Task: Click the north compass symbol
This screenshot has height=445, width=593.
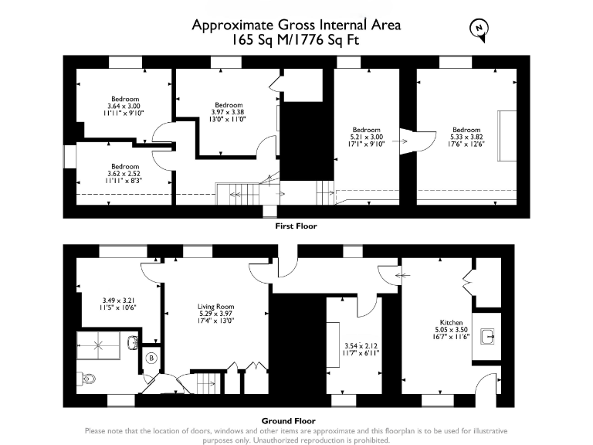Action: (479, 29)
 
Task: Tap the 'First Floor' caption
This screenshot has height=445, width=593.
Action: (296, 226)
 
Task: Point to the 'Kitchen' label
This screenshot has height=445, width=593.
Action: (451, 322)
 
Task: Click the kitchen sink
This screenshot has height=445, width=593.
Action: (486, 337)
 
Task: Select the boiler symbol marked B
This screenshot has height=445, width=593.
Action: (151, 358)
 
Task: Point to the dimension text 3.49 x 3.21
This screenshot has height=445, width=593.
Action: (114, 300)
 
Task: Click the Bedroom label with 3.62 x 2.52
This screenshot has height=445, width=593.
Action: (124, 167)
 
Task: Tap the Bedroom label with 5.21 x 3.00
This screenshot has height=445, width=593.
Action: (367, 130)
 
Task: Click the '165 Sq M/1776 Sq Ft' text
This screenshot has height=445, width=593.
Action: (296, 40)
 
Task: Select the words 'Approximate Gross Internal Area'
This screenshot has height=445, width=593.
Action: (296, 25)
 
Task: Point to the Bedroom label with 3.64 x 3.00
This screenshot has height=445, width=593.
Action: (124, 99)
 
